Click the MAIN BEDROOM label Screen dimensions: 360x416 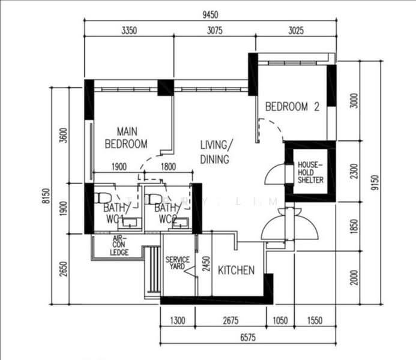(x=125, y=137)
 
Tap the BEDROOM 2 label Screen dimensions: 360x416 (x=292, y=107)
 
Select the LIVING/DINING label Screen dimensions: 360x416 (x=215, y=152)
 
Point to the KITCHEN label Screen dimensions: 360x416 (x=236, y=271)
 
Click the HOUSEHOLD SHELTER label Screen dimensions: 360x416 (x=310, y=172)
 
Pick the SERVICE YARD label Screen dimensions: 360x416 (x=178, y=263)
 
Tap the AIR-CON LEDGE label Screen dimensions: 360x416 (x=119, y=245)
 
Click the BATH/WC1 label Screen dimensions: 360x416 (x=116, y=213)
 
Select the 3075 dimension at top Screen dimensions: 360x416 (x=216, y=30)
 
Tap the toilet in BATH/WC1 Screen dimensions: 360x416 (x=102, y=197)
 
